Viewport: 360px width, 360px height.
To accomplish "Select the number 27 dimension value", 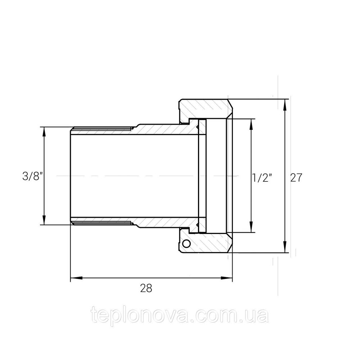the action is (296, 177).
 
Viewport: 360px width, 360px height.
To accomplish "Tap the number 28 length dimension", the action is (146, 288).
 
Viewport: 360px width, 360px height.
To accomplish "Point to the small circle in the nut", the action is (186, 244).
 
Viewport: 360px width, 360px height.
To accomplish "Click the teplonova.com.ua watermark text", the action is (180, 316).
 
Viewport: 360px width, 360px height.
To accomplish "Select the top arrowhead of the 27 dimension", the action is (285, 104).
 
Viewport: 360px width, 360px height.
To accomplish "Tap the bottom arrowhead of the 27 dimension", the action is (285, 248).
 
